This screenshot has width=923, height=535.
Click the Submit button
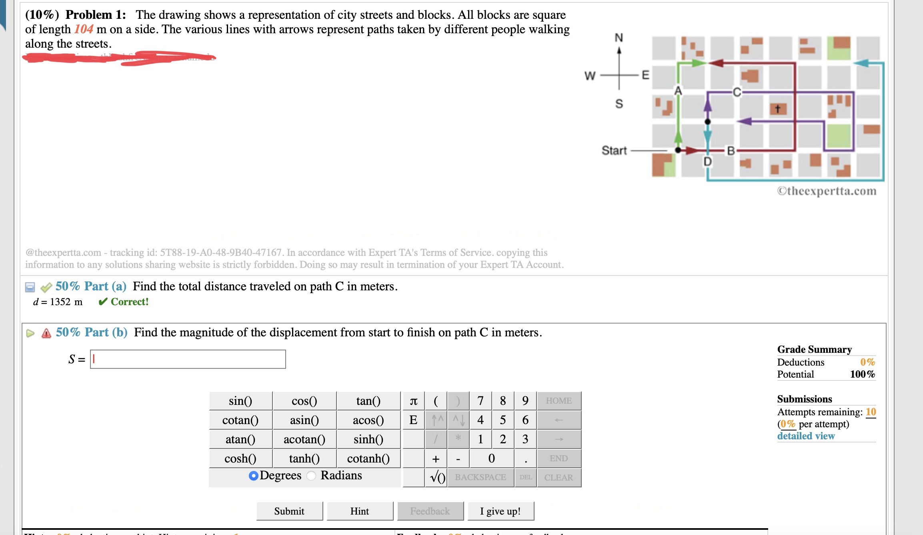point(289,511)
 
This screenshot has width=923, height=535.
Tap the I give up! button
point(500,511)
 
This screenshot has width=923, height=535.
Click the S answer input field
point(188,359)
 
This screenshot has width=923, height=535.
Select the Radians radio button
point(312,475)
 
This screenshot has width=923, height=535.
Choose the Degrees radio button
point(253,475)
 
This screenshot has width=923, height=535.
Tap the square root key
point(437,477)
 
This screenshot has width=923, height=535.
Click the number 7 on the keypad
point(480,400)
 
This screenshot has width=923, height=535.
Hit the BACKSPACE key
point(480,477)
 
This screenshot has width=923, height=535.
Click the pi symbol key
point(414,400)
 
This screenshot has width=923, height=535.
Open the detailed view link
point(805,436)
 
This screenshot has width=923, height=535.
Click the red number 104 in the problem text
point(84,29)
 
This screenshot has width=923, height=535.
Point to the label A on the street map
point(678,91)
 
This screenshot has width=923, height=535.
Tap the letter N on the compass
point(619,38)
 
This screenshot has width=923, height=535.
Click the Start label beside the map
point(614,151)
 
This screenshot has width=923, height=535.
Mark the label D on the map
point(707,162)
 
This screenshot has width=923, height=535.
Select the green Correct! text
point(129,302)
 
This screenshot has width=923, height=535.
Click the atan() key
point(240,439)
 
